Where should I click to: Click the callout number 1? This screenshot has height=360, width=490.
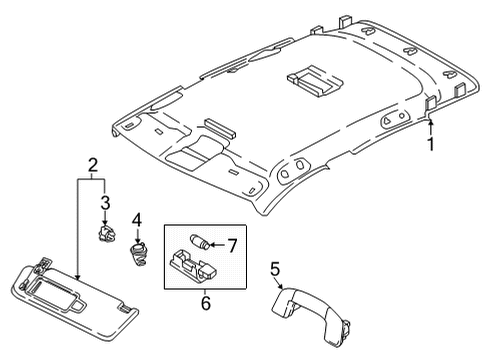[x=431, y=144]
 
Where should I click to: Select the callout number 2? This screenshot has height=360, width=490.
[x=92, y=165]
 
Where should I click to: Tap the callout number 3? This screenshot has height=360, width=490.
[x=105, y=203]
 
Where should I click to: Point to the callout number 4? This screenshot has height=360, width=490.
[x=137, y=220]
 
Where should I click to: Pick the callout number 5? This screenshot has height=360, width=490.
[x=275, y=269]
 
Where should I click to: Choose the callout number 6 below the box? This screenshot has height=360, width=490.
[x=206, y=303]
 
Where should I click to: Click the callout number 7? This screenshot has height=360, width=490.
[x=232, y=246]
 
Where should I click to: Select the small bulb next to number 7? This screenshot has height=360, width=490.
[x=200, y=242]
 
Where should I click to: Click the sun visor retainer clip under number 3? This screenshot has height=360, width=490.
[x=106, y=233]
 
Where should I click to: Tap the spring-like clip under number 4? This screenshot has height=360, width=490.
[x=139, y=254]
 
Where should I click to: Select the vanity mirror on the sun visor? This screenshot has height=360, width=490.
[x=57, y=291]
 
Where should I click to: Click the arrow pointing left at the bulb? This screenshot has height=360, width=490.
[x=218, y=246]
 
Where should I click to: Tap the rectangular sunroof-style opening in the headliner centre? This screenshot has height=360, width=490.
[x=314, y=81]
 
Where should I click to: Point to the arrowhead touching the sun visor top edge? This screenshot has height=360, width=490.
[x=77, y=277]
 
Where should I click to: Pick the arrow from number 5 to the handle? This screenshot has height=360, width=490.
[x=279, y=283]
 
